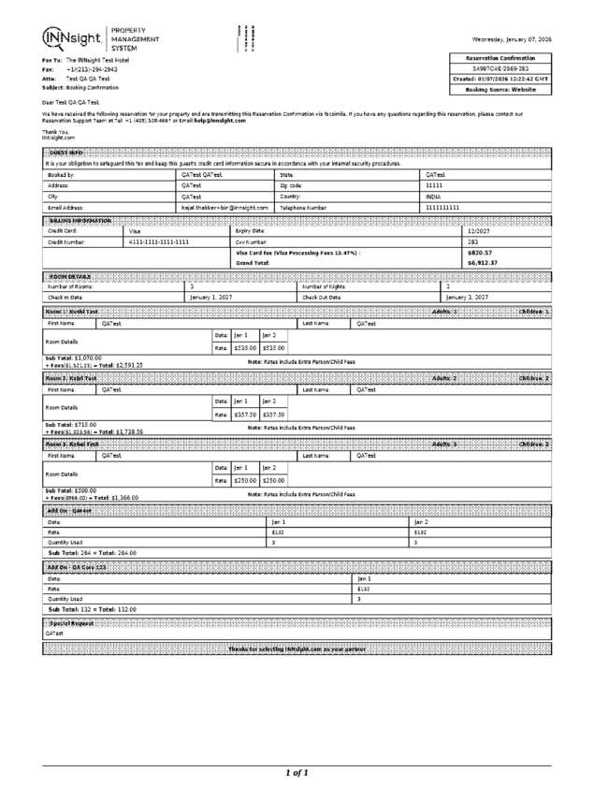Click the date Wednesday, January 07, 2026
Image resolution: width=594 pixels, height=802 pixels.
(x=512, y=39)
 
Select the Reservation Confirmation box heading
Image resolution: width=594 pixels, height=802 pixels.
(x=500, y=59)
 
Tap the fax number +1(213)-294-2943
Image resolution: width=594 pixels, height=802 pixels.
(x=92, y=69)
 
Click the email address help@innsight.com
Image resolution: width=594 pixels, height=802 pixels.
(x=220, y=121)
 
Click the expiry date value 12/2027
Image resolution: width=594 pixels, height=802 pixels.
(x=478, y=230)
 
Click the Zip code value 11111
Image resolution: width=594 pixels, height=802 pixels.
(x=435, y=185)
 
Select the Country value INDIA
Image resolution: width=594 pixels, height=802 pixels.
(x=435, y=197)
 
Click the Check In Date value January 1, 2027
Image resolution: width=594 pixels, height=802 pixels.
(x=210, y=297)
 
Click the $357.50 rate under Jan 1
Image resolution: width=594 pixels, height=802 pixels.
(x=246, y=414)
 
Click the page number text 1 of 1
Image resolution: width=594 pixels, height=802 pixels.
(x=297, y=773)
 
